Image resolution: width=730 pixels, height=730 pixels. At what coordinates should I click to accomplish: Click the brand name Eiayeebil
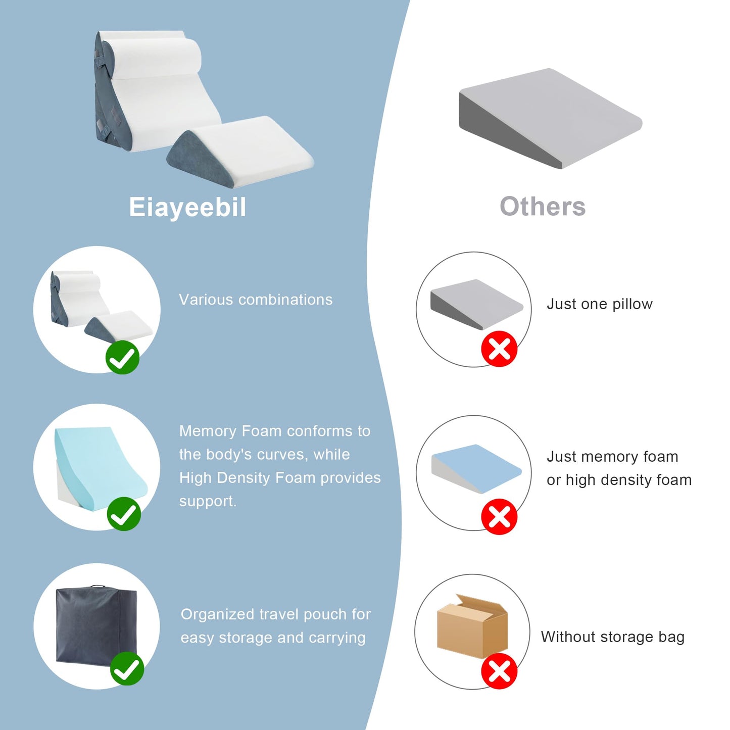pos(187,207)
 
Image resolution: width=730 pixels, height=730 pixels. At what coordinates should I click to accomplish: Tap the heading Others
pos(543,207)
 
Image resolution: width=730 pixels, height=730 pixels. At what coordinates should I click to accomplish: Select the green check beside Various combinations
pos(122,357)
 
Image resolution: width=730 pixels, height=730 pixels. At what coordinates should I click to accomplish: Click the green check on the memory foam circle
pos(123,514)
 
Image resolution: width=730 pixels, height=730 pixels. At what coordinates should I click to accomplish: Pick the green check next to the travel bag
pos(127,669)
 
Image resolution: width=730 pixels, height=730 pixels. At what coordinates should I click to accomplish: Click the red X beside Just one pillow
pos(499,349)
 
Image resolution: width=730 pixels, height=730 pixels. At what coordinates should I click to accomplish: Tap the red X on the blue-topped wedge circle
pos(499,517)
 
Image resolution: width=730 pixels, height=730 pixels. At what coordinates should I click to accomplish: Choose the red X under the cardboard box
pos(499,671)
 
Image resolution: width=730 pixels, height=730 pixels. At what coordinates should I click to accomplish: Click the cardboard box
pos(472,626)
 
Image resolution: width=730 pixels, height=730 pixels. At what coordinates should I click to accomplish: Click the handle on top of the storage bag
pos(96,587)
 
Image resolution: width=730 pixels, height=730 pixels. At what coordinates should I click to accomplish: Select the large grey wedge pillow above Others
pos(550,118)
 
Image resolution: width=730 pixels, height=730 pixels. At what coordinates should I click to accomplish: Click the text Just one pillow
pos(599,304)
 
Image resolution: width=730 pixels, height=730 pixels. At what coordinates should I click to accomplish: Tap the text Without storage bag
pos(613,637)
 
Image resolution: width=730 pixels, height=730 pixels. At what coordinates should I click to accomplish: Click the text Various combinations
pos(256,299)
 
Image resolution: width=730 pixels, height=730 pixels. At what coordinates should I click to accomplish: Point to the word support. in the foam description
pos(208,501)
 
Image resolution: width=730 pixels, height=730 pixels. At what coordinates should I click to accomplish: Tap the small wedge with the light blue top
pos(476,469)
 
